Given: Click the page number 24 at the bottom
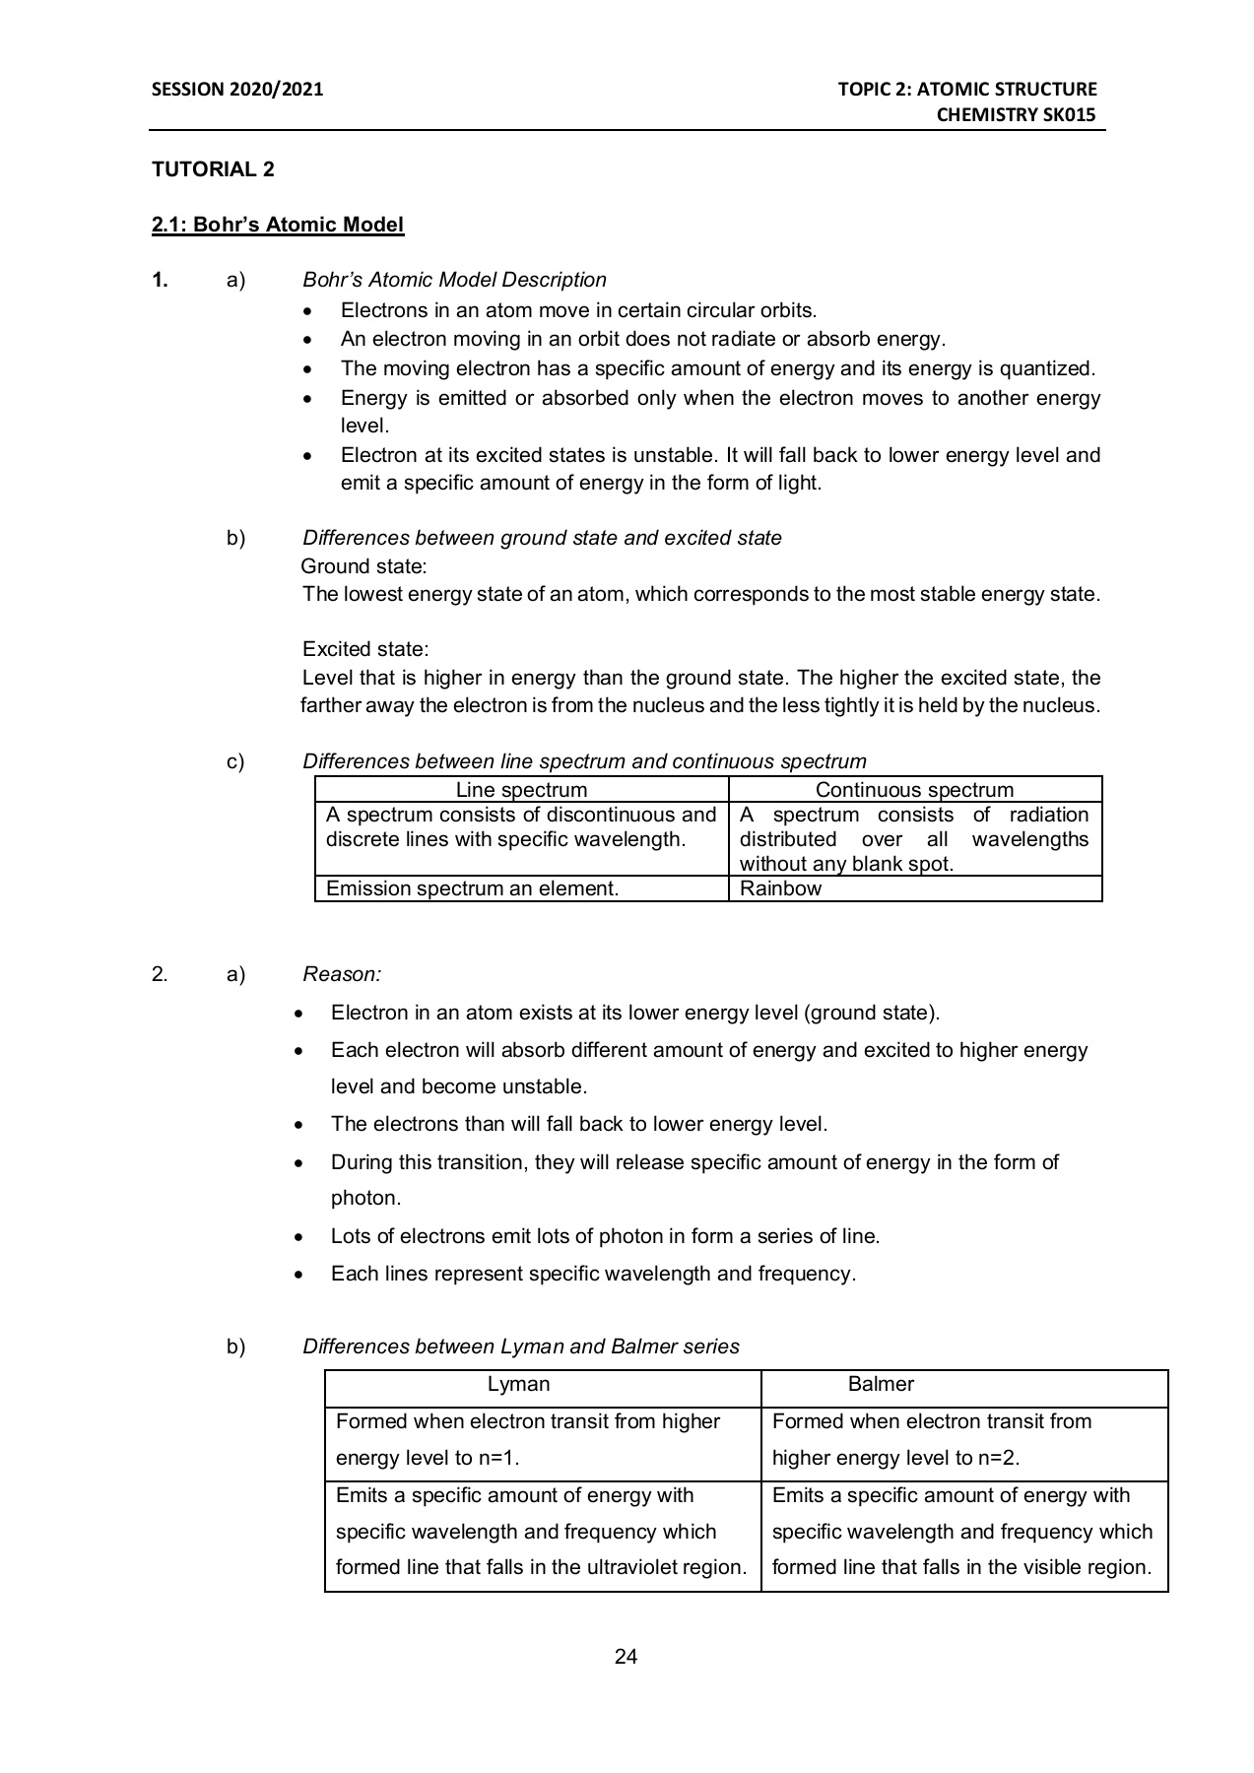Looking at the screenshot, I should click(x=626, y=1657).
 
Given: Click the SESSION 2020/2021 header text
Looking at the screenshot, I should click(x=237, y=90).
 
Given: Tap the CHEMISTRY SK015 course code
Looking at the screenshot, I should click(x=1016, y=115).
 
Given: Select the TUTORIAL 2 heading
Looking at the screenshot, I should click(x=213, y=169).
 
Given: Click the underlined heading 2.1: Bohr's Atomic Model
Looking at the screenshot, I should click(x=278, y=225).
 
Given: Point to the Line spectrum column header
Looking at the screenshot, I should click(x=521, y=790).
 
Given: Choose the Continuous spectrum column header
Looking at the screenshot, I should click(x=914, y=790).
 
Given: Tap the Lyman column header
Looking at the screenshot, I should click(x=518, y=1384).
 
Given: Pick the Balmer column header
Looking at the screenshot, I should click(x=881, y=1384).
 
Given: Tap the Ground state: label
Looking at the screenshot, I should click(x=363, y=566).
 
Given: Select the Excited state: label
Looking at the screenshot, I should click(x=365, y=649).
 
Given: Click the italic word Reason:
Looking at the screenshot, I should click(x=342, y=974).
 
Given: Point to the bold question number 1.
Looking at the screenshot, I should click(x=160, y=280).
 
